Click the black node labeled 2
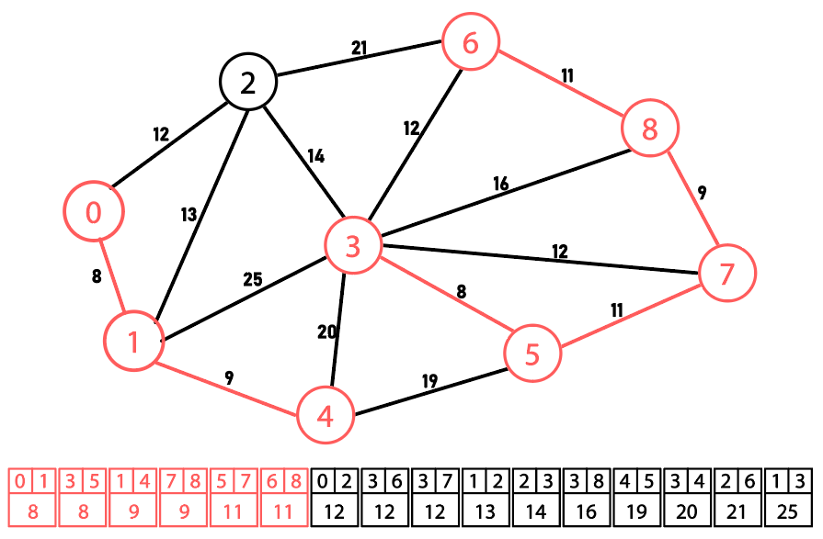click(x=248, y=83)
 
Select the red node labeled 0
click(x=94, y=212)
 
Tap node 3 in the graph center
click(x=353, y=245)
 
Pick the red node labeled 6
click(x=471, y=42)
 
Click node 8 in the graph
click(x=650, y=129)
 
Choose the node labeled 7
click(x=727, y=273)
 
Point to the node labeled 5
click(x=532, y=354)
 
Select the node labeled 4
click(x=325, y=416)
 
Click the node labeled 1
click(x=133, y=342)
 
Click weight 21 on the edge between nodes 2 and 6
click(x=360, y=48)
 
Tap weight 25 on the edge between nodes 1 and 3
click(x=253, y=279)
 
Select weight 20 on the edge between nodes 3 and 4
click(x=327, y=332)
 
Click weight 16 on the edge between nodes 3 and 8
click(x=500, y=185)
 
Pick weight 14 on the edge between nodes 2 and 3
click(x=314, y=156)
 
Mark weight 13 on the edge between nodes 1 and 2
click(x=189, y=215)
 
